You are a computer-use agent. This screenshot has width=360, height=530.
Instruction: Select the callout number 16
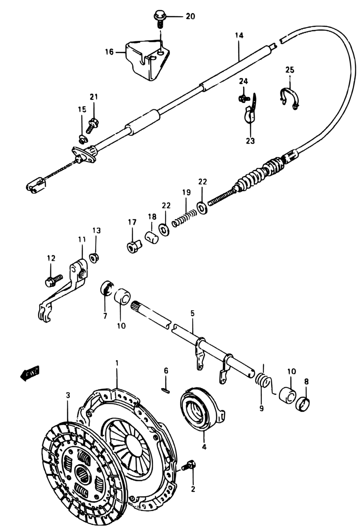109,52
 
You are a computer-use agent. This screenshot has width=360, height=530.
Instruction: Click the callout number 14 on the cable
239,36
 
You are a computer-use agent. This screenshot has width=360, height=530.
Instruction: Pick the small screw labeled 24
244,97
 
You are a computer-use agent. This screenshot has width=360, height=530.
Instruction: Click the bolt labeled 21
92,125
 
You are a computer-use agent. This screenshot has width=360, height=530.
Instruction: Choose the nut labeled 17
134,246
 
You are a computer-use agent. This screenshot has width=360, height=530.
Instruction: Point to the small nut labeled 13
95,258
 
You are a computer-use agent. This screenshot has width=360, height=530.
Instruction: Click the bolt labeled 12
54,280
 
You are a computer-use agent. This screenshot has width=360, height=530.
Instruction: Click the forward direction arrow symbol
30,374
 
